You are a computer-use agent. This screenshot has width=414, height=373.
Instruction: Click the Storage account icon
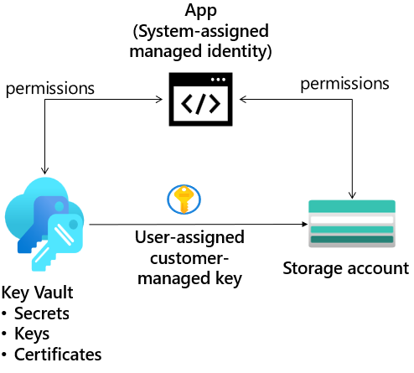[352, 225]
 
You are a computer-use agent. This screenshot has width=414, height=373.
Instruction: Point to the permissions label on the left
[49, 87]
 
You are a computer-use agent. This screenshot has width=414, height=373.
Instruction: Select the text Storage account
[345, 269]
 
